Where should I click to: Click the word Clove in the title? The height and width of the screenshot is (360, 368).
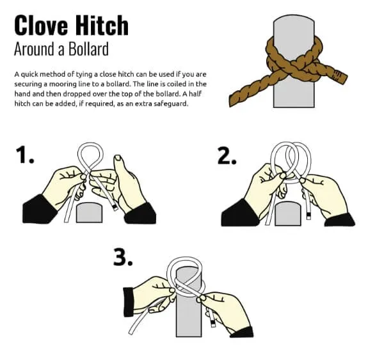pyautogui.click(x=42, y=25)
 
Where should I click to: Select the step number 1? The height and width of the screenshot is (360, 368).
pyautogui.click(x=26, y=156)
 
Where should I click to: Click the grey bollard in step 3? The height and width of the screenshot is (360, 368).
pyautogui.click(x=189, y=320)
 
